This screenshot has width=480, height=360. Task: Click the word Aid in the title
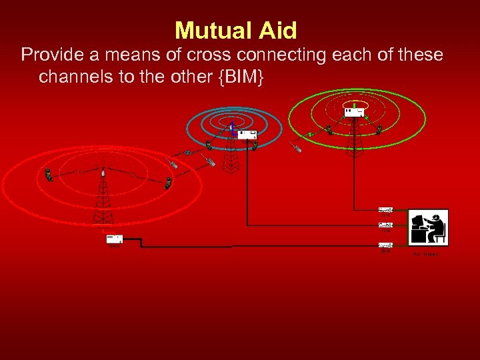pos(276,30)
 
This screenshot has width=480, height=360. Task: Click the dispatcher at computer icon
pos(428,228)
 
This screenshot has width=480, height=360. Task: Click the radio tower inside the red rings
pos(103,197)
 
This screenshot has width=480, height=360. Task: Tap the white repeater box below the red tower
pos(115,239)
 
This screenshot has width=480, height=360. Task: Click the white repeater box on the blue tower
pos(248,135)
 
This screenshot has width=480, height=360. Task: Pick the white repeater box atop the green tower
pos(353,112)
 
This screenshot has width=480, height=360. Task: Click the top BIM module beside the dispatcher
pos(385,210)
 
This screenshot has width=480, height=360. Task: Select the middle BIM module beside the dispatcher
pos(385,226)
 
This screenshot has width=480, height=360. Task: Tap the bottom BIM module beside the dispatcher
pos(385,245)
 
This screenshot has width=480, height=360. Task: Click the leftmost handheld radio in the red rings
pos(49,175)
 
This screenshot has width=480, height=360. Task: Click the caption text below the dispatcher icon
pos(427,254)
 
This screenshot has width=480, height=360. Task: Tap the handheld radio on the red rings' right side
pos(169,182)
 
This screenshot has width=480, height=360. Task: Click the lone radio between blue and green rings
pos(297,147)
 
